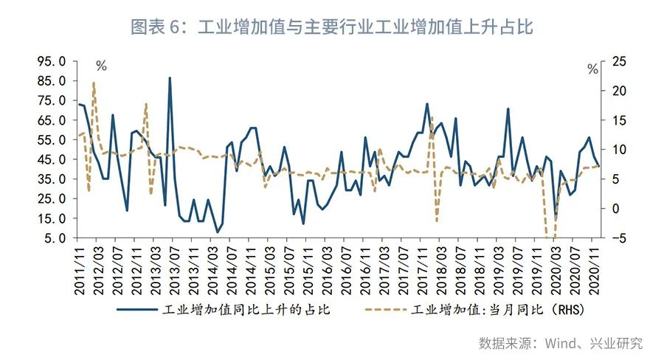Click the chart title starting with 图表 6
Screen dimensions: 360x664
(331, 27)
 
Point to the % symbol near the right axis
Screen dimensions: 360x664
(592, 69)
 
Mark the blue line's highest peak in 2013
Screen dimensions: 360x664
(170, 77)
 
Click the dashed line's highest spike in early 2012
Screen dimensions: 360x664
(94, 83)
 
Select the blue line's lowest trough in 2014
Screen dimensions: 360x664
(217, 232)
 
